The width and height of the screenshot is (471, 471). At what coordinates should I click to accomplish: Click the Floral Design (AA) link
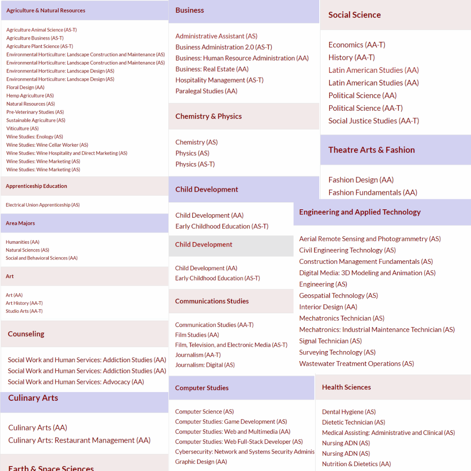(x=25, y=87)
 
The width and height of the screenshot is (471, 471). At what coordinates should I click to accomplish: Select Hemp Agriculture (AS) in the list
(x=30, y=96)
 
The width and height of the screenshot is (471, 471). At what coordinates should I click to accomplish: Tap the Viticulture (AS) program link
(x=22, y=128)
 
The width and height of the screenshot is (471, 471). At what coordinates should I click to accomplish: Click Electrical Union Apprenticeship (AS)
(x=43, y=205)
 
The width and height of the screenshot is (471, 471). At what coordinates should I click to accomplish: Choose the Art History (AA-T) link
(x=24, y=303)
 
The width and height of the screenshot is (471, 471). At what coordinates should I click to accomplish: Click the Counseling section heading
(x=26, y=334)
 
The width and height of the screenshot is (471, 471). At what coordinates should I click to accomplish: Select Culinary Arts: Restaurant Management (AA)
(x=79, y=440)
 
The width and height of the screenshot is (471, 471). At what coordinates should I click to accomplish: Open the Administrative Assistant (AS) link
(x=216, y=36)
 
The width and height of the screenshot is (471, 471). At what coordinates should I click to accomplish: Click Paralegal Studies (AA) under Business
(x=206, y=91)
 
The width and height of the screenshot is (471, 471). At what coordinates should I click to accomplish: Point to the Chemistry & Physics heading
(x=208, y=116)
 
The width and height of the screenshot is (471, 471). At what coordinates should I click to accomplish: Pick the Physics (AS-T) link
(x=195, y=164)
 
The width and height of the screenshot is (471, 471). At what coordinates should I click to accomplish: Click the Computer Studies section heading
(x=202, y=388)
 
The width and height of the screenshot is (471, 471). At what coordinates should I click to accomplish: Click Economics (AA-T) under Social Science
(x=357, y=44)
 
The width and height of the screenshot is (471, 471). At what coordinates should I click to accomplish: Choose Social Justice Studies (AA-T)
(x=373, y=121)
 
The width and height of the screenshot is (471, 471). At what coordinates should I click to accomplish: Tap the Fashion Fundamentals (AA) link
(x=372, y=192)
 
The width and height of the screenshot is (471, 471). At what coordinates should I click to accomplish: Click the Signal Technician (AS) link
(x=331, y=341)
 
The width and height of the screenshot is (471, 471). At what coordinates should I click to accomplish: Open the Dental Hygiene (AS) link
(x=349, y=412)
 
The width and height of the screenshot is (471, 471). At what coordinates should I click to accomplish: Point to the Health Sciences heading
(x=346, y=387)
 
